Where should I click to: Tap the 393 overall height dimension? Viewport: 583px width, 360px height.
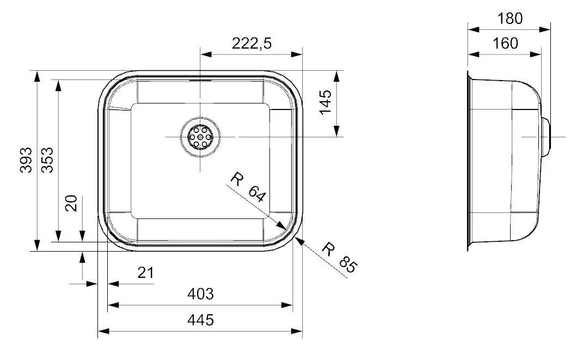(x=25, y=160)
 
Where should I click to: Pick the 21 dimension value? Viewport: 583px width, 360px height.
(x=145, y=273)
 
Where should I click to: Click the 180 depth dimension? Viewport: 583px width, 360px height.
(x=510, y=19)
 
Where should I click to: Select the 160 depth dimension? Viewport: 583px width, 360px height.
(x=505, y=43)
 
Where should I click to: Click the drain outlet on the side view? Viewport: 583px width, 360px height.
(x=549, y=136)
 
